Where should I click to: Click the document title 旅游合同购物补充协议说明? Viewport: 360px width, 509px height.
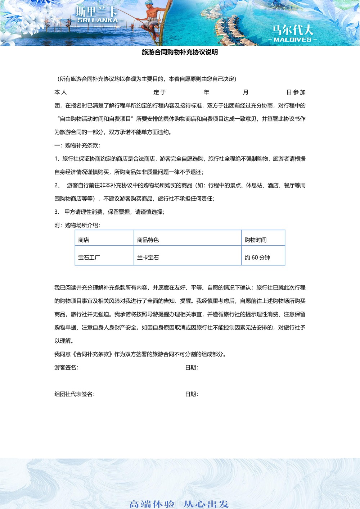180,52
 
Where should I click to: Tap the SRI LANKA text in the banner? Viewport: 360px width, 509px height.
98,21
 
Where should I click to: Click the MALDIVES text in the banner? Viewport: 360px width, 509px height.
292,40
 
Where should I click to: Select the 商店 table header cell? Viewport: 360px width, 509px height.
84,240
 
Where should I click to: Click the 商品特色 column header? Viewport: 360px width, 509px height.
148,240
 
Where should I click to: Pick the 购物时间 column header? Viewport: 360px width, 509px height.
256,240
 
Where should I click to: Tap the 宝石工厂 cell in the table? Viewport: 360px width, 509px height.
89,258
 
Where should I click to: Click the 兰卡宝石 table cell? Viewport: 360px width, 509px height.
148,258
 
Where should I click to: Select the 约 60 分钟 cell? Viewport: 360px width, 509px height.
257,258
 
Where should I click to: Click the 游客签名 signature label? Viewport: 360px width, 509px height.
66,368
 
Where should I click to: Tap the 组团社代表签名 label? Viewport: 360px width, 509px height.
75,394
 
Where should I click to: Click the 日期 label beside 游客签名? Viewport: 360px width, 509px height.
192,368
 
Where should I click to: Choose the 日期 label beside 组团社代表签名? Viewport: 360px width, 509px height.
192,394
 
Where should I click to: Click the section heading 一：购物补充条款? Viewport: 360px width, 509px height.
77,145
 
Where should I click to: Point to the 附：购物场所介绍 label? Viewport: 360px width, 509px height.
77,225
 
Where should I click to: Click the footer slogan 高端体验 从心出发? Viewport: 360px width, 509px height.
179,504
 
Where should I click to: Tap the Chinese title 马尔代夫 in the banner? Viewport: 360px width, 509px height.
292,30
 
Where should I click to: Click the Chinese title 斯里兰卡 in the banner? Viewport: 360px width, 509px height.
96,11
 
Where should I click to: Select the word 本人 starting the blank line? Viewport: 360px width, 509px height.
60,92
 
